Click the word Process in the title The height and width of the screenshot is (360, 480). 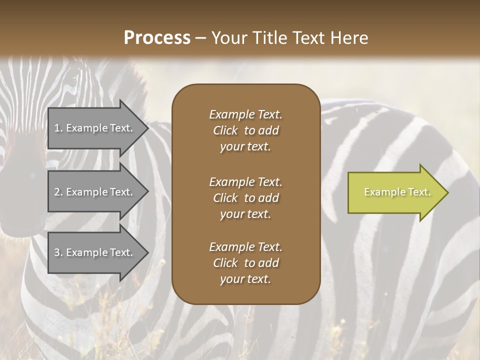click(x=157, y=38)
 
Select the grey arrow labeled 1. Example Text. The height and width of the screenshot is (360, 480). click(x=95, y=128)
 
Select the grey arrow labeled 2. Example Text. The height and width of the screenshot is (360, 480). click(x=95, y=192)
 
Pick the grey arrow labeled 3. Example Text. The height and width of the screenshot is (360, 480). click(x=95, y=252)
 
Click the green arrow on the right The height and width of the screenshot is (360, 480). click(x=395, y=192)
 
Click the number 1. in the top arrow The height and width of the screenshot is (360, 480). click(x=58, y=128)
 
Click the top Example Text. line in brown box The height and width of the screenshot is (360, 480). click(x=245, y=114)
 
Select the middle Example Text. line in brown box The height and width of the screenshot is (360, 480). click(x=245, y=181)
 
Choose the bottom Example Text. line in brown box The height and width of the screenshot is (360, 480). click(x=245, y=247)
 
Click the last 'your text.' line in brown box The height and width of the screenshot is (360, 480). click(x=245, y=279)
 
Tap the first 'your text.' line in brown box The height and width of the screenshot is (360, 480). click(x=245, y=147)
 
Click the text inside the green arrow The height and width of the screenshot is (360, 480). click(x=397, y=192)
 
